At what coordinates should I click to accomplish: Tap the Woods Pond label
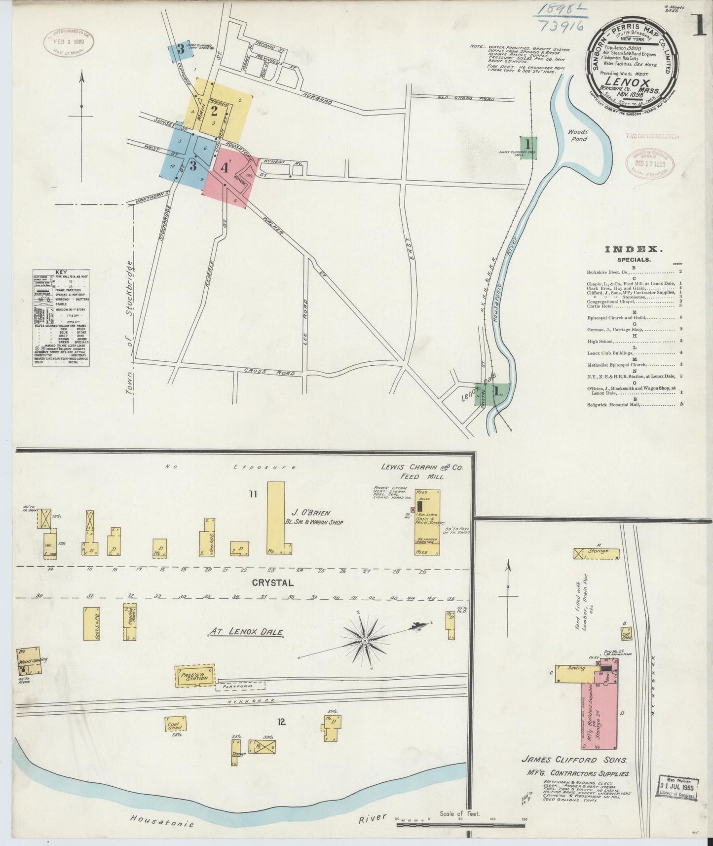(577, 135)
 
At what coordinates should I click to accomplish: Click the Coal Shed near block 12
(175, 724)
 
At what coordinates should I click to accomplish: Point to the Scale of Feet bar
(460, 824)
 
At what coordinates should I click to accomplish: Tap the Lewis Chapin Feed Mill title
(421, 471)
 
